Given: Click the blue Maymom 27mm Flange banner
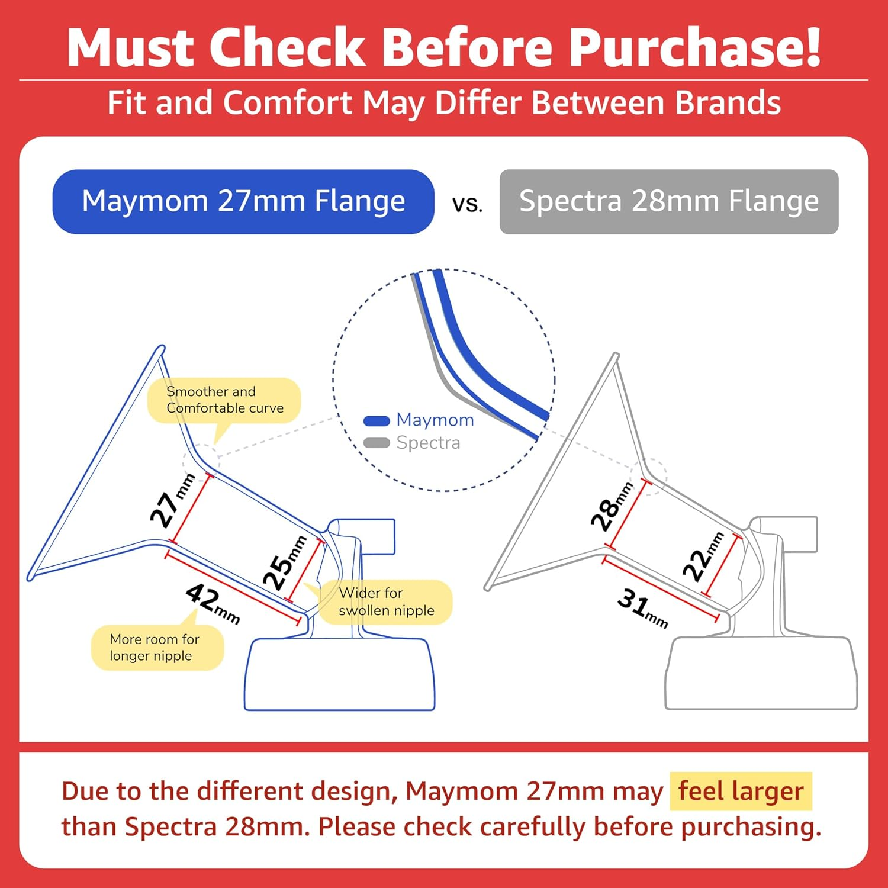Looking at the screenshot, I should click(x=243, y=201).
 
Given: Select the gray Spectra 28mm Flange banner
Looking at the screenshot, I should click(x=669, y=201).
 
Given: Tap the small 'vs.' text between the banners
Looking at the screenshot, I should click(x=467, y=204).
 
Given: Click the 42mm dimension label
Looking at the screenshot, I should click(x=212, y=603).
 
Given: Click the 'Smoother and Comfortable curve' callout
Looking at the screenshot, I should click(x=224, y=400).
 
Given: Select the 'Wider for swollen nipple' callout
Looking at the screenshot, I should click(x=386, y=601).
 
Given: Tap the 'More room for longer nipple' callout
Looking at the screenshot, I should click(x=155, y=648).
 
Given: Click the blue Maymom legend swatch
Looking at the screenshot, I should click(x=376, y=421).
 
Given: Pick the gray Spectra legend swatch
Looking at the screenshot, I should click(x=376, y=443).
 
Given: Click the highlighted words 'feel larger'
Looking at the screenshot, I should click(x=741, y=791).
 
